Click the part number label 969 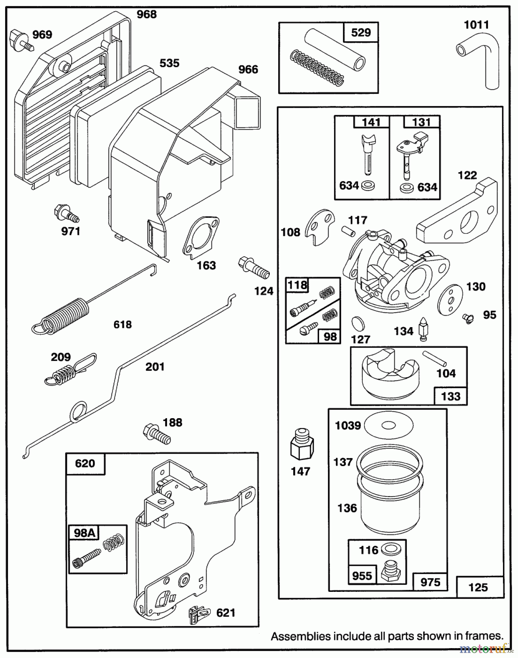[42, 35]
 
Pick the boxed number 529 [361, 33]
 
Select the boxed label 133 [450, 396]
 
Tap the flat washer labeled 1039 [389, 425]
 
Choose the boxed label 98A [84, 533]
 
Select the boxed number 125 [478, 587]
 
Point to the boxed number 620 [85, 464]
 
